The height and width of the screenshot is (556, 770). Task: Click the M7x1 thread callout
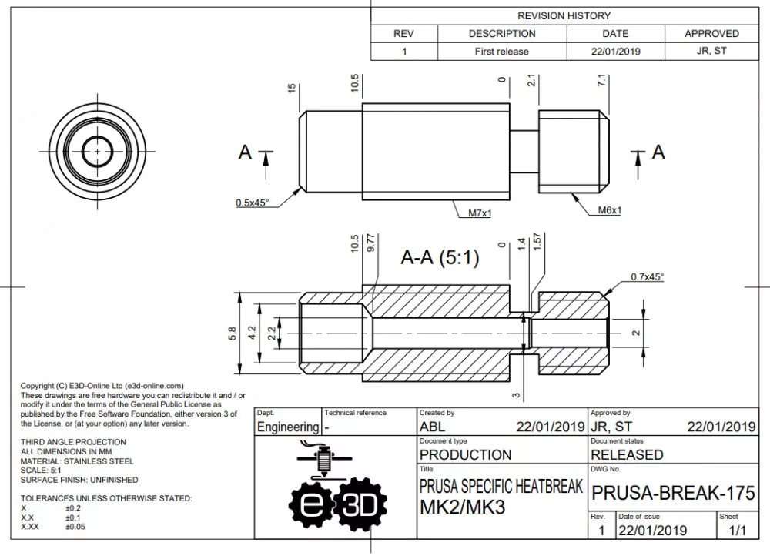tap(480, 213)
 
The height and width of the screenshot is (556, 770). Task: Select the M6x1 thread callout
tap(609, 210)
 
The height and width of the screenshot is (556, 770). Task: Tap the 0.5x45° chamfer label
tap(252, 203)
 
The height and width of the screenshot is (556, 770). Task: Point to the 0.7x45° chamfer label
tap(647, 276)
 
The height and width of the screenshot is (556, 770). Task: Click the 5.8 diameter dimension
tap(232, 333)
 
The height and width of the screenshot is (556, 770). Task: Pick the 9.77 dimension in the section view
tap(371, 244)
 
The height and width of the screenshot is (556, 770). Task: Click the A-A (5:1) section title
tap(440, 258)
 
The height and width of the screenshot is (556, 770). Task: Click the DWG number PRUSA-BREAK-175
tap(672, 493)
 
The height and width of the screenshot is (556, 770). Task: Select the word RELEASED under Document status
tap(627, 454)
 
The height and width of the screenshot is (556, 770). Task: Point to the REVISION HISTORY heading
tap(564, 15)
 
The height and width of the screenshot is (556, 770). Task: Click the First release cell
tap(501, 52)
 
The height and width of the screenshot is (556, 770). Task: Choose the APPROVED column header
tap(711, 34)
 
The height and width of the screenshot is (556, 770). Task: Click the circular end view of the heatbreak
tap(98, 149)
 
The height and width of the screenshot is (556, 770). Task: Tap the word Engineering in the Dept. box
tap(287, 427)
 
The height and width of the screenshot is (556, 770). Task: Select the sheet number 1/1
tap(738, 530)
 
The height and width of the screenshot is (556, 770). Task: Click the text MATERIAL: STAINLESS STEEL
tap(77, 461)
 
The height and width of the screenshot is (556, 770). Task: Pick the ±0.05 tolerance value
tap(75, 527)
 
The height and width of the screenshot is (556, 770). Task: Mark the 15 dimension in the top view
tap(292, 89)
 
